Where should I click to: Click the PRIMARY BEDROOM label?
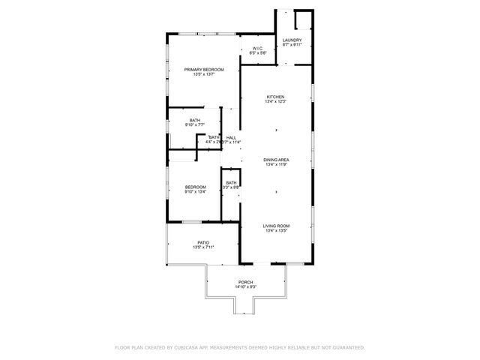coord(204,70)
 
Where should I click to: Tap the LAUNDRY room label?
coord(292,40)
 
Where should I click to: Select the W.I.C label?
coord(256,49)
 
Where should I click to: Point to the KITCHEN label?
coord(277,97)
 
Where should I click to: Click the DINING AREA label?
coord(277,160)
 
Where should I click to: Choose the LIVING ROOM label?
coord(277,226)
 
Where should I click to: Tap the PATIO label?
coord(203,242)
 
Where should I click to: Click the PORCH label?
coord(246,282)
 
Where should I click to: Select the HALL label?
coord(232,137)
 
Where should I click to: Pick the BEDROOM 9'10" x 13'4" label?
coord(196,187)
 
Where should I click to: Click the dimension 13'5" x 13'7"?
coord(204,74)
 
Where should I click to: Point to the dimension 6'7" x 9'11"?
coord(292,45)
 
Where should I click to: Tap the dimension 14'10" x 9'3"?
coord(246,286)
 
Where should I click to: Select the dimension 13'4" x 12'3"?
coord(277,102)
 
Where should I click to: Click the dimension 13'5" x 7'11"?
coord(203,247)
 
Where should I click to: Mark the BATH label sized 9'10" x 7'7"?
coord(195,121)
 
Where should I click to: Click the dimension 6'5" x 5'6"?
coord(256,53)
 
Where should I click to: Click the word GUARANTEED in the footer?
coord(346,348)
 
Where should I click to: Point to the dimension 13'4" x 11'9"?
coord(277,164)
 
